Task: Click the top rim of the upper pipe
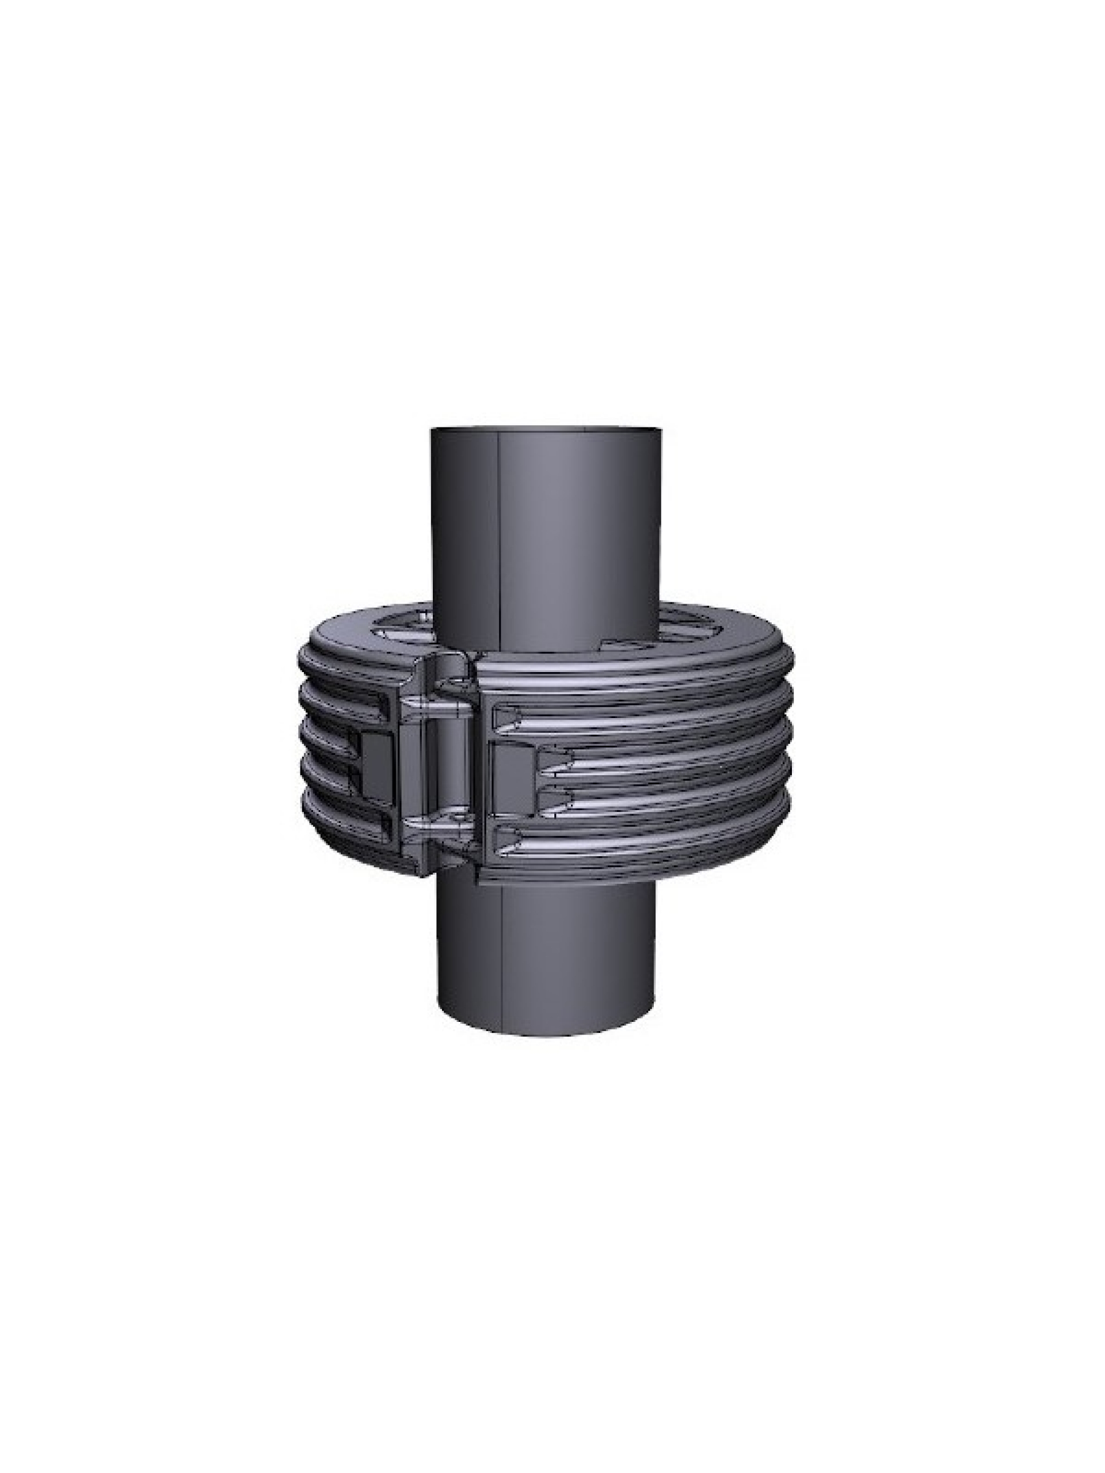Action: pyautogui.click(x=546, y=428)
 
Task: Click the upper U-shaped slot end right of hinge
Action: pyautogui.click(x=506, y=717)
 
